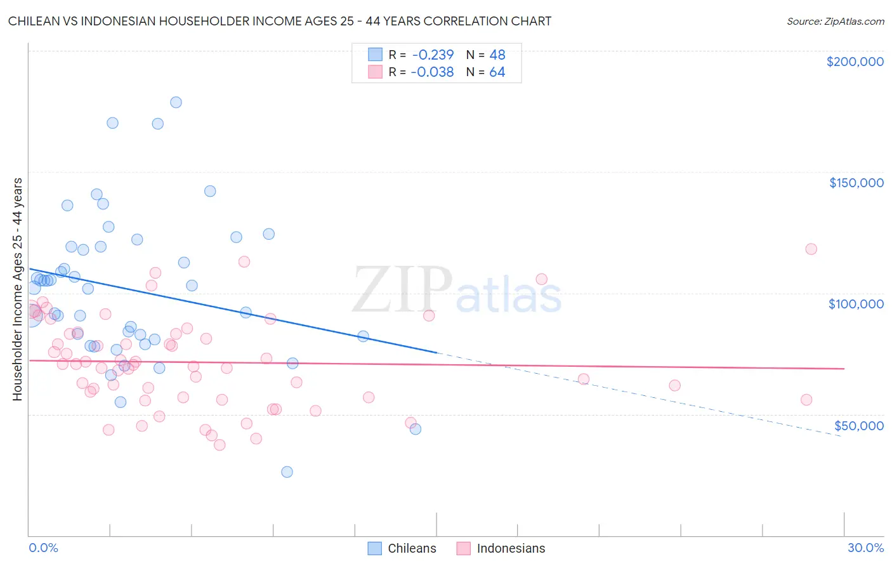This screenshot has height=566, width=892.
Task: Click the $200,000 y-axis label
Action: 855,62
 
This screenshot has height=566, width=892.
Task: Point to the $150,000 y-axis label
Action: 856,183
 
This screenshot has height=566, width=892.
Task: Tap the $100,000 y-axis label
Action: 856,304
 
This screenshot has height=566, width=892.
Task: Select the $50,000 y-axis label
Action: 858,426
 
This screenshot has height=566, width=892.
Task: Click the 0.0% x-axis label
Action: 43,548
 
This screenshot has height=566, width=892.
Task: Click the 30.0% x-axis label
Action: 865,548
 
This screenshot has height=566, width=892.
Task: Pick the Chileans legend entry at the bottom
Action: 402,548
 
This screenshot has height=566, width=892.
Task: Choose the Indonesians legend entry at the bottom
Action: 501,548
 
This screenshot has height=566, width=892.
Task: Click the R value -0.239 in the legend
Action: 432,55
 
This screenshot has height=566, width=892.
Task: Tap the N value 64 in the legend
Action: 497,72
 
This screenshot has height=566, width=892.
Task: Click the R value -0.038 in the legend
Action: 432,72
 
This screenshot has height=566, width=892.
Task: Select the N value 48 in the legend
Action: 497,55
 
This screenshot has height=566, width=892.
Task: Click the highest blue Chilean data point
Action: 176,102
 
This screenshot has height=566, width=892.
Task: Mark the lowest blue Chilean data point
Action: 287,471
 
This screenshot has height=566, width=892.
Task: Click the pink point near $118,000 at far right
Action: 811,249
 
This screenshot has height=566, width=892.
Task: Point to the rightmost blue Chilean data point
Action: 416,429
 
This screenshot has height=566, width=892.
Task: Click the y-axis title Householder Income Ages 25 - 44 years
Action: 17,289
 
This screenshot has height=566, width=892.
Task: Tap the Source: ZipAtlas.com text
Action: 835,22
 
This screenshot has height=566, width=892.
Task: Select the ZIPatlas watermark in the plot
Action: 457,291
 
